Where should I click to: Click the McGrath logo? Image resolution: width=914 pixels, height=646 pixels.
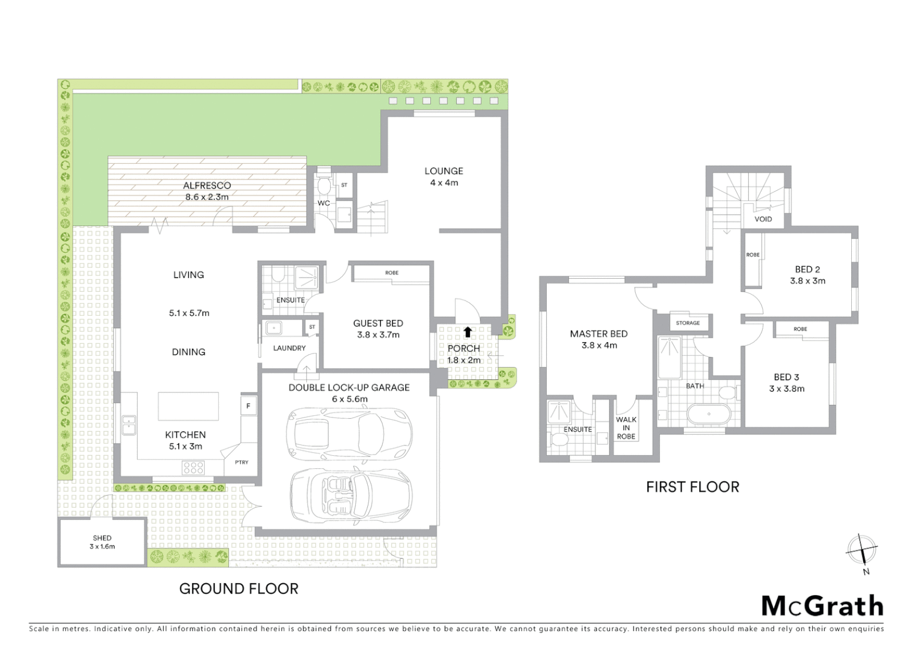tap(822, 605)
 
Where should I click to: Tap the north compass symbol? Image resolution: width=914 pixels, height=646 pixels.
tap(861, 549)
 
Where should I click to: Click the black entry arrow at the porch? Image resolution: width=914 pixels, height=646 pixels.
tap(467, 331)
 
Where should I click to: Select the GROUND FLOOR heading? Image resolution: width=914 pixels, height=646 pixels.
tap(239, 589)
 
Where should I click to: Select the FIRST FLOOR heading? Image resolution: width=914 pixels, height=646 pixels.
tap(692, 487)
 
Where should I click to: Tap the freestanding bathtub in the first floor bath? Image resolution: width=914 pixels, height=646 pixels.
tap(709, 414)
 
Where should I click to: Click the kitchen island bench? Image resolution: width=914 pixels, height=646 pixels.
tap(188, 407)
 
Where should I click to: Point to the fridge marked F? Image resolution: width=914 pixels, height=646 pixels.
tap(248, 406)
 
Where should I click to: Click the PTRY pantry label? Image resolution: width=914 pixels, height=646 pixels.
tap(241, 462)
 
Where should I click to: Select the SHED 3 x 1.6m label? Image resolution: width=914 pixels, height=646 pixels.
tap(102, 543)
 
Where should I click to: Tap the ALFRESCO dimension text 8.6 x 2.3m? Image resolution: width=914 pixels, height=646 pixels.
tap(207, 196)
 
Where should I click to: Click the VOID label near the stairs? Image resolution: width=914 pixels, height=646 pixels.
tap(763, 219)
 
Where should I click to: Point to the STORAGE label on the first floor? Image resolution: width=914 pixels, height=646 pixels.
tap(687, 323)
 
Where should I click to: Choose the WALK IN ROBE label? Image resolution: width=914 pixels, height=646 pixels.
tap(626, 428)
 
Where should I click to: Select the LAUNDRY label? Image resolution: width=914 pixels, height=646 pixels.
tap(289, 348)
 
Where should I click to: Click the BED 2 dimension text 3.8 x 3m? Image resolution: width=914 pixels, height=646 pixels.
tap(808, 281)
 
